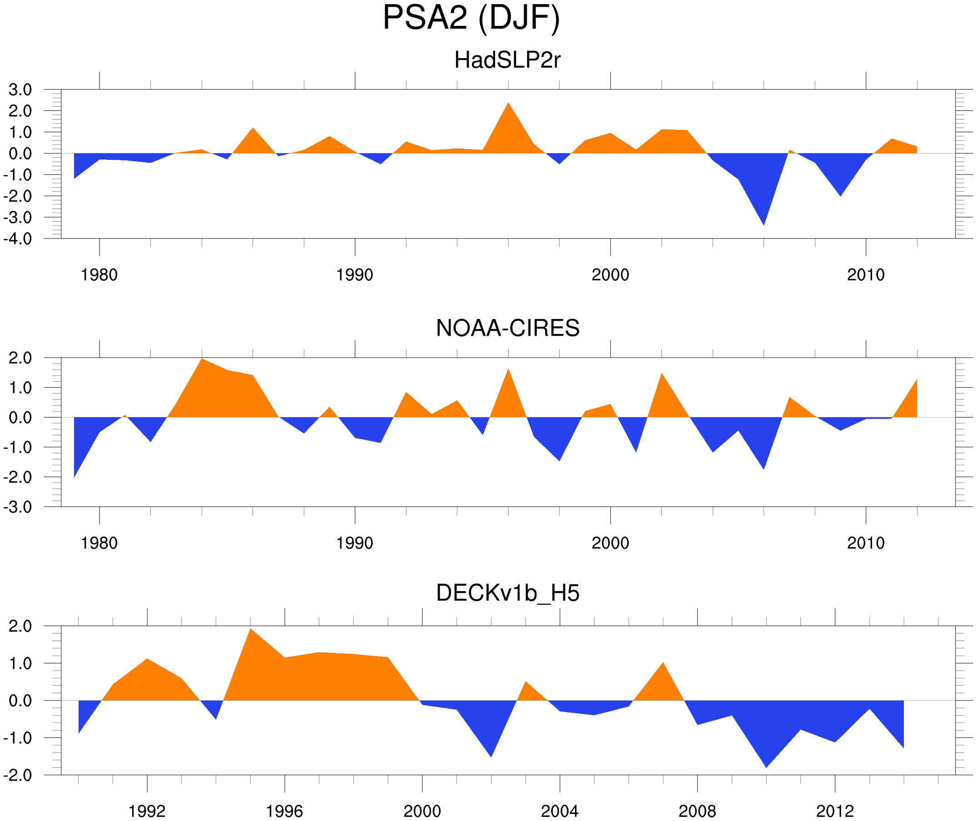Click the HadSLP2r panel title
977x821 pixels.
pos(507,60)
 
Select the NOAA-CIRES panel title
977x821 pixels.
pos(507,328)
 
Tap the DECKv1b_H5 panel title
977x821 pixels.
pos(507,593)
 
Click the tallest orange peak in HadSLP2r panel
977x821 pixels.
pos(508,104)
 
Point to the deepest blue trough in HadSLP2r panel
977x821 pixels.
pos(764,224)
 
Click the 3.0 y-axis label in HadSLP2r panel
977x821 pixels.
pos(20,90)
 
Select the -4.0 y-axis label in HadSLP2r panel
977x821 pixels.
pos(18,239)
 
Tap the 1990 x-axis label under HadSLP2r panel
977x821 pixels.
pos(355,275)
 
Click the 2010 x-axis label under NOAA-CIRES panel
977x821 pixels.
pos(865,543)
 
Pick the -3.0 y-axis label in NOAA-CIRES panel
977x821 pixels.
pos(18,508)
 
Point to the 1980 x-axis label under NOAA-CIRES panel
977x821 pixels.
pos(99,543)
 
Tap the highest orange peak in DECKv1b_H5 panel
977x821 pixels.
pos(250,630)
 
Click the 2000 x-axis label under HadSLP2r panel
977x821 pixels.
pos(610,275)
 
